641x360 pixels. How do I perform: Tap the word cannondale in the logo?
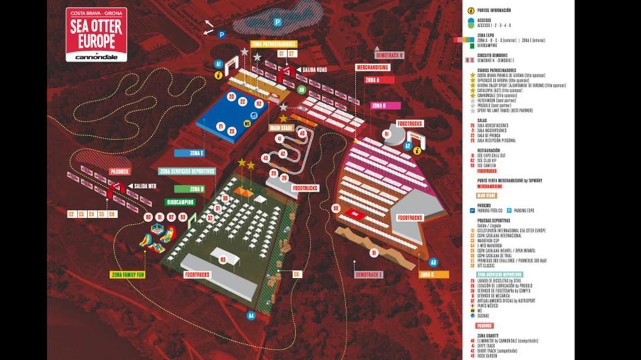pos(96,57)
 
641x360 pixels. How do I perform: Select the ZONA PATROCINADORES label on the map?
pos(273,44)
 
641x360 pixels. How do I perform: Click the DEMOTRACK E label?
pos(369,275)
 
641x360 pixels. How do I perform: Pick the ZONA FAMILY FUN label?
pos(128,275)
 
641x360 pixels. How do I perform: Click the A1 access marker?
pos(218,64)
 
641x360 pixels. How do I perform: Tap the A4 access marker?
pos(251,316)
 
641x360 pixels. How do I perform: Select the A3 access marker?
pos(433,262)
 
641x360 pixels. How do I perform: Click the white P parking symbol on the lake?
pos(277,22)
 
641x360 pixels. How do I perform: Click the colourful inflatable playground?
pos(158,238)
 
